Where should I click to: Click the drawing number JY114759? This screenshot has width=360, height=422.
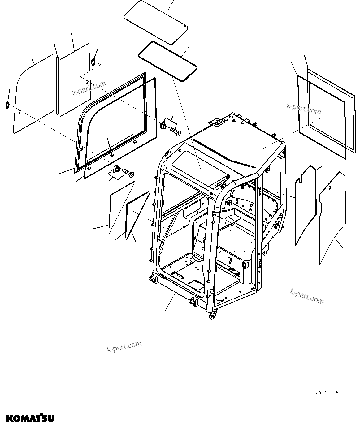click(x=327, y=393)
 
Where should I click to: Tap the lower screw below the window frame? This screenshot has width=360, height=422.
click(x=128, y=172)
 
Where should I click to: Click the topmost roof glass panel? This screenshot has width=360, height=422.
click(x=156, y=20)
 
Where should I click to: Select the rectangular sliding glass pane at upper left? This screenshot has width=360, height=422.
click(x=74, y=80)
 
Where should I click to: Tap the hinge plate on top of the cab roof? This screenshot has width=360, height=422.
click(x=216, y=122)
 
